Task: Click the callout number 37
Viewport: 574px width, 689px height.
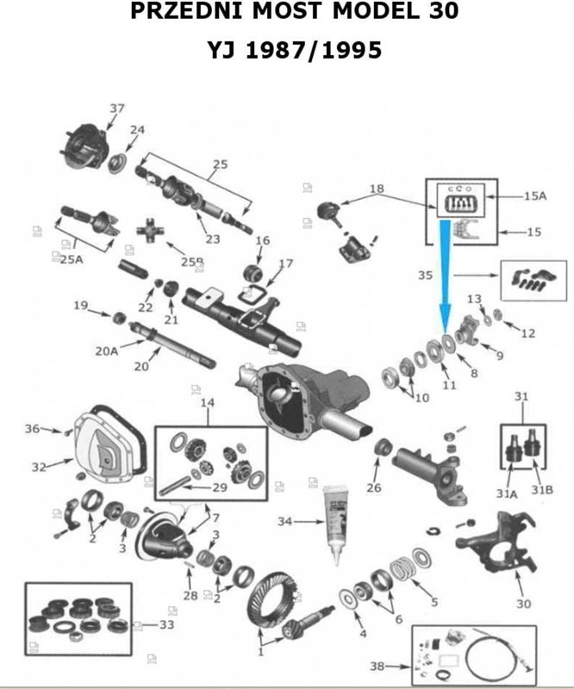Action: point(117,109)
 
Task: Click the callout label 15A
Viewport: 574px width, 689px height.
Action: point(535,196)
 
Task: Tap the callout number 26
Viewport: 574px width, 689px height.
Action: point(372,488)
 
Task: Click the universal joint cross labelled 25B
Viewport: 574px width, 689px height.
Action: point(158,233)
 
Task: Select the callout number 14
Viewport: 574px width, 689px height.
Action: point(207,403)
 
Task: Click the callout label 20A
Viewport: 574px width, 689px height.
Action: point(106,351)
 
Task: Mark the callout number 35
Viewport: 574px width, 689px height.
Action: point(424,276)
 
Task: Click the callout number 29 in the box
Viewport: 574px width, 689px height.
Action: point(220,487)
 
